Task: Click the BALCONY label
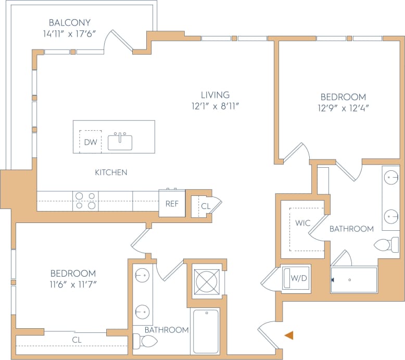[x=69, y=22]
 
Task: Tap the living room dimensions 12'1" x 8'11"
[x=216, y=106]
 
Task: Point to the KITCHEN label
[x=111, y=172]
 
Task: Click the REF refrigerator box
[x=172, y=204]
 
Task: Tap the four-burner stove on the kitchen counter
[x=85, y=201]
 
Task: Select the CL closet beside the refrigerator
[x=205, y=206]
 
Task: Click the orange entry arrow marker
[x=288, y=335]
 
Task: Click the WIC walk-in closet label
[x=303, y=223]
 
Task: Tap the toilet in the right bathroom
[x=385, y=245]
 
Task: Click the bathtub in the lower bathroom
[x=206, y=330]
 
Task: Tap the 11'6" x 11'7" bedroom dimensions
[x=73, y=284]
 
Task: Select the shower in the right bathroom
[x=354, y=280]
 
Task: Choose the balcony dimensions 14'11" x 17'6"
[x=69, y=34]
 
